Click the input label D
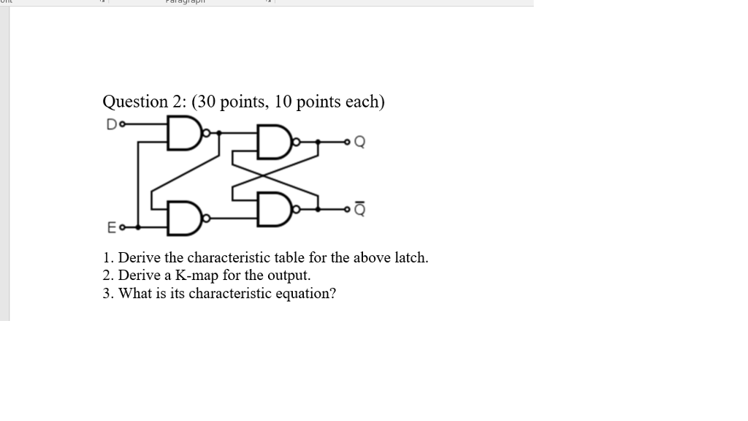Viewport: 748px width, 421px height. pos(110,125)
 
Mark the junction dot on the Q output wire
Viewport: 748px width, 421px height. pos(318,143)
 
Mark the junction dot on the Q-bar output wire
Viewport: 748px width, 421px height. pos(319,209)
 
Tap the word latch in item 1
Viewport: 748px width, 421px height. pos(411,257)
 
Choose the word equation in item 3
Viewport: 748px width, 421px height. pos(307,294)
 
